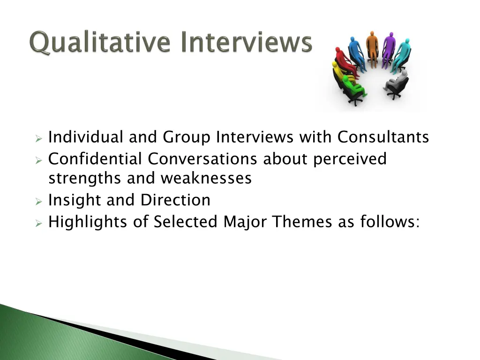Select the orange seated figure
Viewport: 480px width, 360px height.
[372, 49]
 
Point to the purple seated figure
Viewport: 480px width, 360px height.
[389, 49]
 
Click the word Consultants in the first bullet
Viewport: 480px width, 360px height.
[383, 137]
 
